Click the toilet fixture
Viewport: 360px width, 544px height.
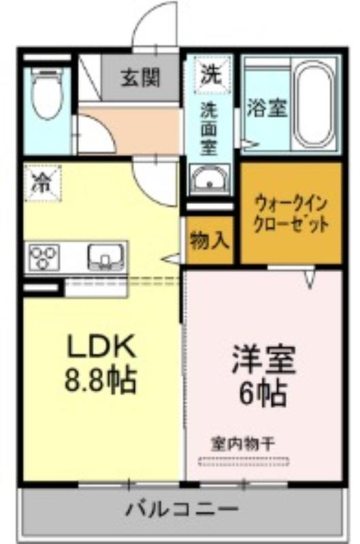(46, 93)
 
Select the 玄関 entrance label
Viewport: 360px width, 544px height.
(140, 78)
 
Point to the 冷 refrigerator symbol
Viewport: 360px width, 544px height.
(42, 184)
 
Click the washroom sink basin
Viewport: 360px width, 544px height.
(210, 180)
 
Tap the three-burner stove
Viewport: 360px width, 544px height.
(44, 257)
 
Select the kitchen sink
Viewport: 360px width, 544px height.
(105, 257)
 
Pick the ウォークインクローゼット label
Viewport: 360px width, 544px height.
(291, 214)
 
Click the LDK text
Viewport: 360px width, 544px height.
(101, 347)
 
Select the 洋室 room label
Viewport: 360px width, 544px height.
(263, 360)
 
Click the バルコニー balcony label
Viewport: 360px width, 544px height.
(182, 509)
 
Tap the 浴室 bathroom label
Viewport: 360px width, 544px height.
(267, 109)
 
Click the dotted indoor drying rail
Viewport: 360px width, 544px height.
(244, 461)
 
